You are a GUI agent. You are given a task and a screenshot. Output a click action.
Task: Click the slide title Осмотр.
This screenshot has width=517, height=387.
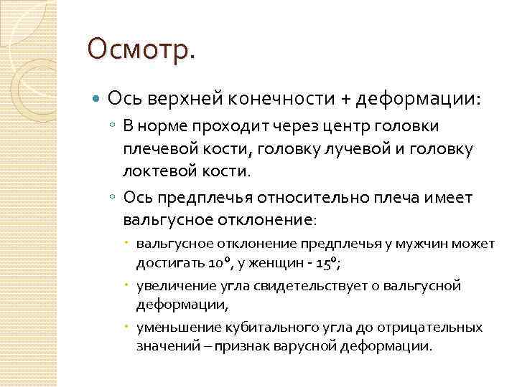coord(141,50)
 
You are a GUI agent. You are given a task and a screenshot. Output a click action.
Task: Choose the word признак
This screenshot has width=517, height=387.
coord(272,346)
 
